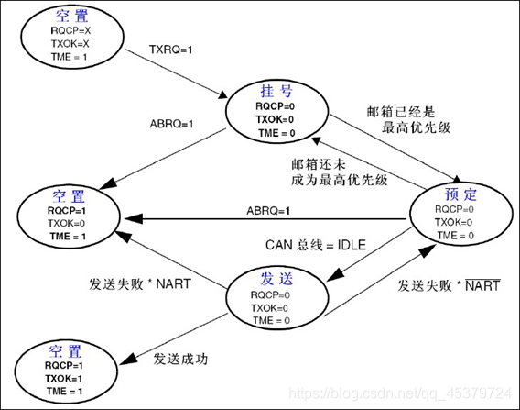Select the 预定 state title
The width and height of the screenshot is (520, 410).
tap(455, 195)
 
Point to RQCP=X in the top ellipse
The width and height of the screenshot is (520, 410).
tap(71, 31)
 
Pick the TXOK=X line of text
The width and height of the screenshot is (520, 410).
tap(71, 43)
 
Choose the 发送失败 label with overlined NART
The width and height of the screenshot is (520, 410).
tap(449, 286)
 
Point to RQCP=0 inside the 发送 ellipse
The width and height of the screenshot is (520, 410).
tap(273, 296)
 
